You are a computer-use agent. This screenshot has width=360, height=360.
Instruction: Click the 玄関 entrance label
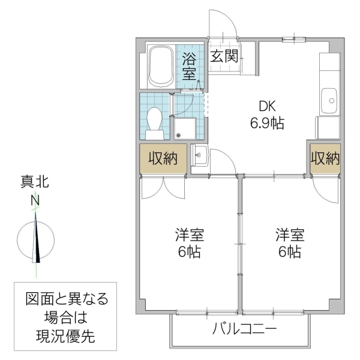(x=225, y=56)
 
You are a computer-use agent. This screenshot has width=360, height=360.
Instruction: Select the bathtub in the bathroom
(x=160, y=66)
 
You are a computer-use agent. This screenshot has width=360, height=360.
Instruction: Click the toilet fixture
(x=154, y=119)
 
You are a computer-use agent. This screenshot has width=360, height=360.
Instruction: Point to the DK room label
(x=266, y=106)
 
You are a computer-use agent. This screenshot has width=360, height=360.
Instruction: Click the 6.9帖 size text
(x=266, y=124)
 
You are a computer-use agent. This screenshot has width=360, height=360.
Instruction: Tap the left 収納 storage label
(x=162, y=159)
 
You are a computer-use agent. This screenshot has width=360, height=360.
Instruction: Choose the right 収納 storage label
(x=325, y=159)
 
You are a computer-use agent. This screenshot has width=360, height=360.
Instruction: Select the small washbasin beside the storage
(x=200, y=155)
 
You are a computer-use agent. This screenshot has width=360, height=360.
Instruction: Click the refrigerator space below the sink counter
(x=328, y=128)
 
